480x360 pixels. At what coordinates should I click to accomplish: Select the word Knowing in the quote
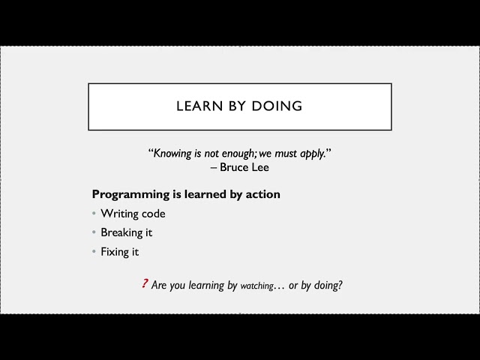174,153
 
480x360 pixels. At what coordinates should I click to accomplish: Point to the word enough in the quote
236,153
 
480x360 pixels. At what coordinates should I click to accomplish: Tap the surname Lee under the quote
259,167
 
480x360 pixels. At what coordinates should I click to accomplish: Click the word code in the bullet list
154,214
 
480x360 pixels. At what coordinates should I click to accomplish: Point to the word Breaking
121,232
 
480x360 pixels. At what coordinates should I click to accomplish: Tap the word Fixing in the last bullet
115,252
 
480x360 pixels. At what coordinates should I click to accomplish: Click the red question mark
144,284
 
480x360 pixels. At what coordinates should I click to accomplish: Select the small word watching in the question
256,286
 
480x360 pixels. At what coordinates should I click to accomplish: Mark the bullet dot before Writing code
94,214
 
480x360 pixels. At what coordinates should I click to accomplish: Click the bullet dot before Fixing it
94,252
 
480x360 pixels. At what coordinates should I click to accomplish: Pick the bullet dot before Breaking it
94,232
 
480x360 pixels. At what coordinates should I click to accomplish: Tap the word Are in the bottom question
159,285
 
